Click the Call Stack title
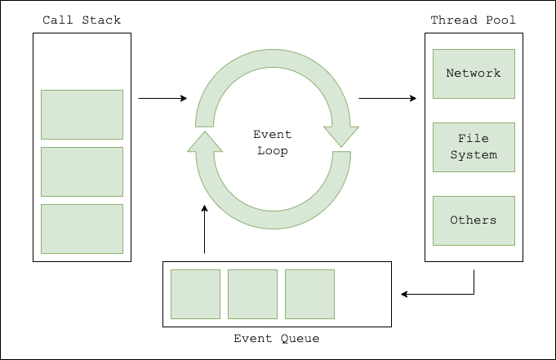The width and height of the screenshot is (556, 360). click(x=82, y=20)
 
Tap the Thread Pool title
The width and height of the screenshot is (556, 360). click(x=474, y=20)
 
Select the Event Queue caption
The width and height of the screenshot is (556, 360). click(x=277, y=338)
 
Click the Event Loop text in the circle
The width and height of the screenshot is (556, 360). click(x=273, y=143)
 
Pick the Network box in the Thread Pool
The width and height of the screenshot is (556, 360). click(x=474, y=73)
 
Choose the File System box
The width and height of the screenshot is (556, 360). click(x=474, y=147)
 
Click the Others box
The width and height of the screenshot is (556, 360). click(x=474, y=220)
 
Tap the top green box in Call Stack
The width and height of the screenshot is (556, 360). click(x=82, y=114)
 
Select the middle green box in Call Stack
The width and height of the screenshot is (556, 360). click(x=82, y=171)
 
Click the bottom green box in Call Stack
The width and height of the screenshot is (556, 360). click(x=82, y=229)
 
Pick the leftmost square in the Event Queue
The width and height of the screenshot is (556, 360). click(x=196, y=294)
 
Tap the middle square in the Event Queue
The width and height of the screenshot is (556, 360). click(x=253, y=294)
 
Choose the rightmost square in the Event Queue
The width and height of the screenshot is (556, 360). click(x=310, y=294)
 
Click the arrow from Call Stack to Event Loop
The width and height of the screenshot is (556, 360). click(x=162, y=99)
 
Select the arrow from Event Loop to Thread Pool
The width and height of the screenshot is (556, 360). click(x=387, y=99)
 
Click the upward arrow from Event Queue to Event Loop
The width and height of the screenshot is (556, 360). click(x=204, y=229)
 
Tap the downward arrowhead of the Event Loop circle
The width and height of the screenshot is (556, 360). click(x=341, y=137)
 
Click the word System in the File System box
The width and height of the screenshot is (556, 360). click(x=474, y=155)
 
